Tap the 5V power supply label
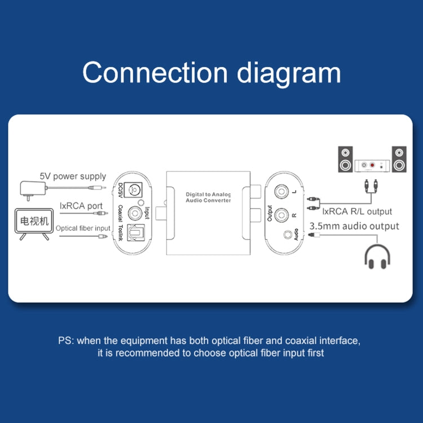(72, 177)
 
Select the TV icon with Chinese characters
(34, 223)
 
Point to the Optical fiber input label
(83, 228)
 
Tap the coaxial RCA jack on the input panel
(135, 213)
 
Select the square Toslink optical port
(136, 235)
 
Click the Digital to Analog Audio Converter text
(209, 197)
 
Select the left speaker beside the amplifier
(345, 159)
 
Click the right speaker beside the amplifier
(399, 159)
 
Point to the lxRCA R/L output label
(356, 211)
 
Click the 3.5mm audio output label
(355, 226)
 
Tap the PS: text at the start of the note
(65, 341)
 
